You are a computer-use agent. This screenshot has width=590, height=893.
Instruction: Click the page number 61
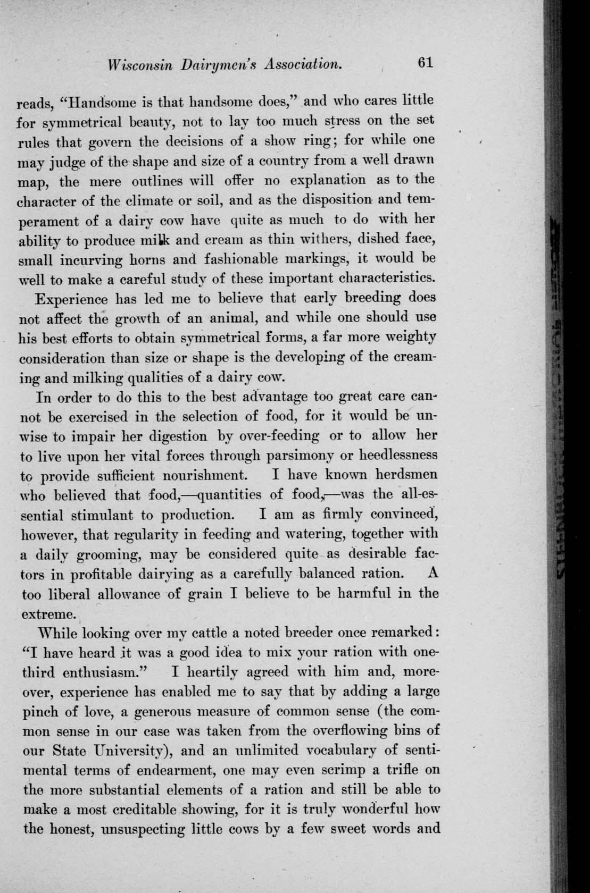[426, 63]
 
